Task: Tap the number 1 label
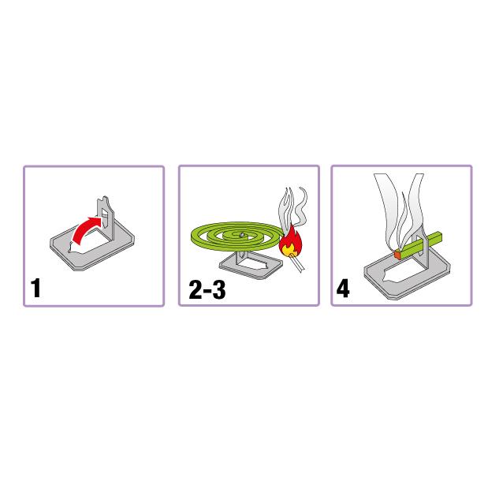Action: (x=35, y=289)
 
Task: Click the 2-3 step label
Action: (x=207, y=289)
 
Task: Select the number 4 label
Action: (x=343, y=289)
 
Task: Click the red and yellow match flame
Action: (x=290, y=242)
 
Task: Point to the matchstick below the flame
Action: (x=297, y=263)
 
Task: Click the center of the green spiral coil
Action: (x=241, y=235)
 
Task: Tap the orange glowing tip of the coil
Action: (x=397, y=255)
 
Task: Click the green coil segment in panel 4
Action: (x=420, y=244)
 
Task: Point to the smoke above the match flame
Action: (x=292, y=207)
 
